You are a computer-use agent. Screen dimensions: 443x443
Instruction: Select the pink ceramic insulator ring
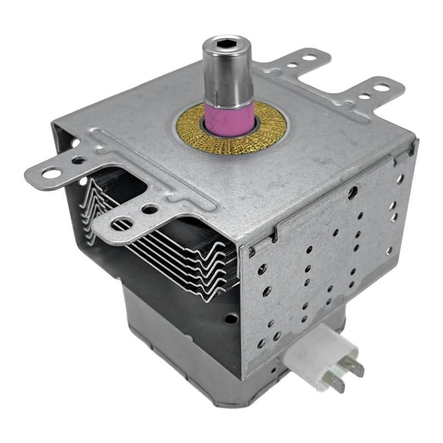[x=229, y=116]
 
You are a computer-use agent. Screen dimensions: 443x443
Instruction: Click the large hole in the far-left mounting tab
[x=51, y=173]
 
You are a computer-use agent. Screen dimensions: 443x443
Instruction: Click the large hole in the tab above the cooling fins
[x=121, y=224]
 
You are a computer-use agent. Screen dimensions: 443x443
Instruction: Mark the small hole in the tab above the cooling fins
[x=148, y=209]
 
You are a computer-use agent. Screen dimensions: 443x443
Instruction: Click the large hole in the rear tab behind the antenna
[x=308, y=56]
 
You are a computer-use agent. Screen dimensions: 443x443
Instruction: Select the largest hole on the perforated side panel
[x=352, y=192]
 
